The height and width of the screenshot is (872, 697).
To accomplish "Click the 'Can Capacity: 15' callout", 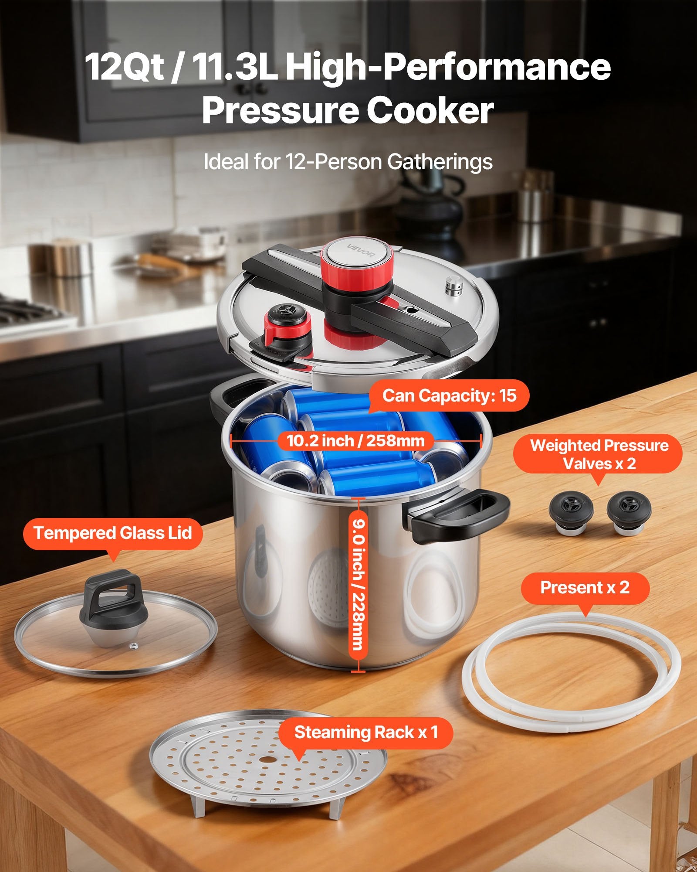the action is pos(449,395).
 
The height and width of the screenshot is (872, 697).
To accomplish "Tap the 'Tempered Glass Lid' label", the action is pos(113,533).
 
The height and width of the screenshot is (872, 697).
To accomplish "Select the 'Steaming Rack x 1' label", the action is pos(366,732).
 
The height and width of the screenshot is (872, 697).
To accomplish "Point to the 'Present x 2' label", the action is pos(585,588).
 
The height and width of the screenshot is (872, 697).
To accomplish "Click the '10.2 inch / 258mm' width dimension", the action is pos(355,441).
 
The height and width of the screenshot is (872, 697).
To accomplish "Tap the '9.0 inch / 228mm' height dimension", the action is pos(358,585).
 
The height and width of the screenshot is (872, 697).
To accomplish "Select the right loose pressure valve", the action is pos(626,512).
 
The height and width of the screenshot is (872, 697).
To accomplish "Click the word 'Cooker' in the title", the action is pos(430,111).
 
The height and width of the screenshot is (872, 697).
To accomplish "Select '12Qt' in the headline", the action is pos(124,66).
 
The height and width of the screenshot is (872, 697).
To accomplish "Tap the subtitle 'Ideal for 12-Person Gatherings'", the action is pos(348,162).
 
